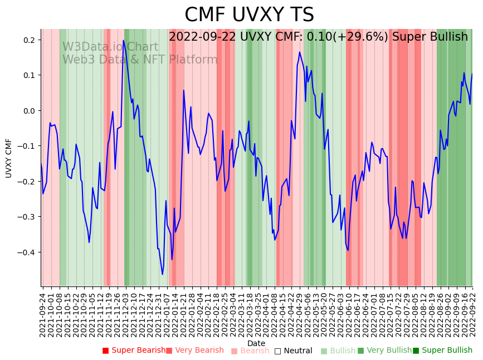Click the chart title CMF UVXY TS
[x=249, y=15]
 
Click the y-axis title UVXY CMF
[x=9, y=158]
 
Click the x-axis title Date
[x=256, y=343]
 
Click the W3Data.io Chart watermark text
[x=110, y=47]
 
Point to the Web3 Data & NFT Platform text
[x=140, y=60]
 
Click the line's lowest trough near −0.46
[x=163, y=274]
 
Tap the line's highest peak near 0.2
[x=123, y=41]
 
